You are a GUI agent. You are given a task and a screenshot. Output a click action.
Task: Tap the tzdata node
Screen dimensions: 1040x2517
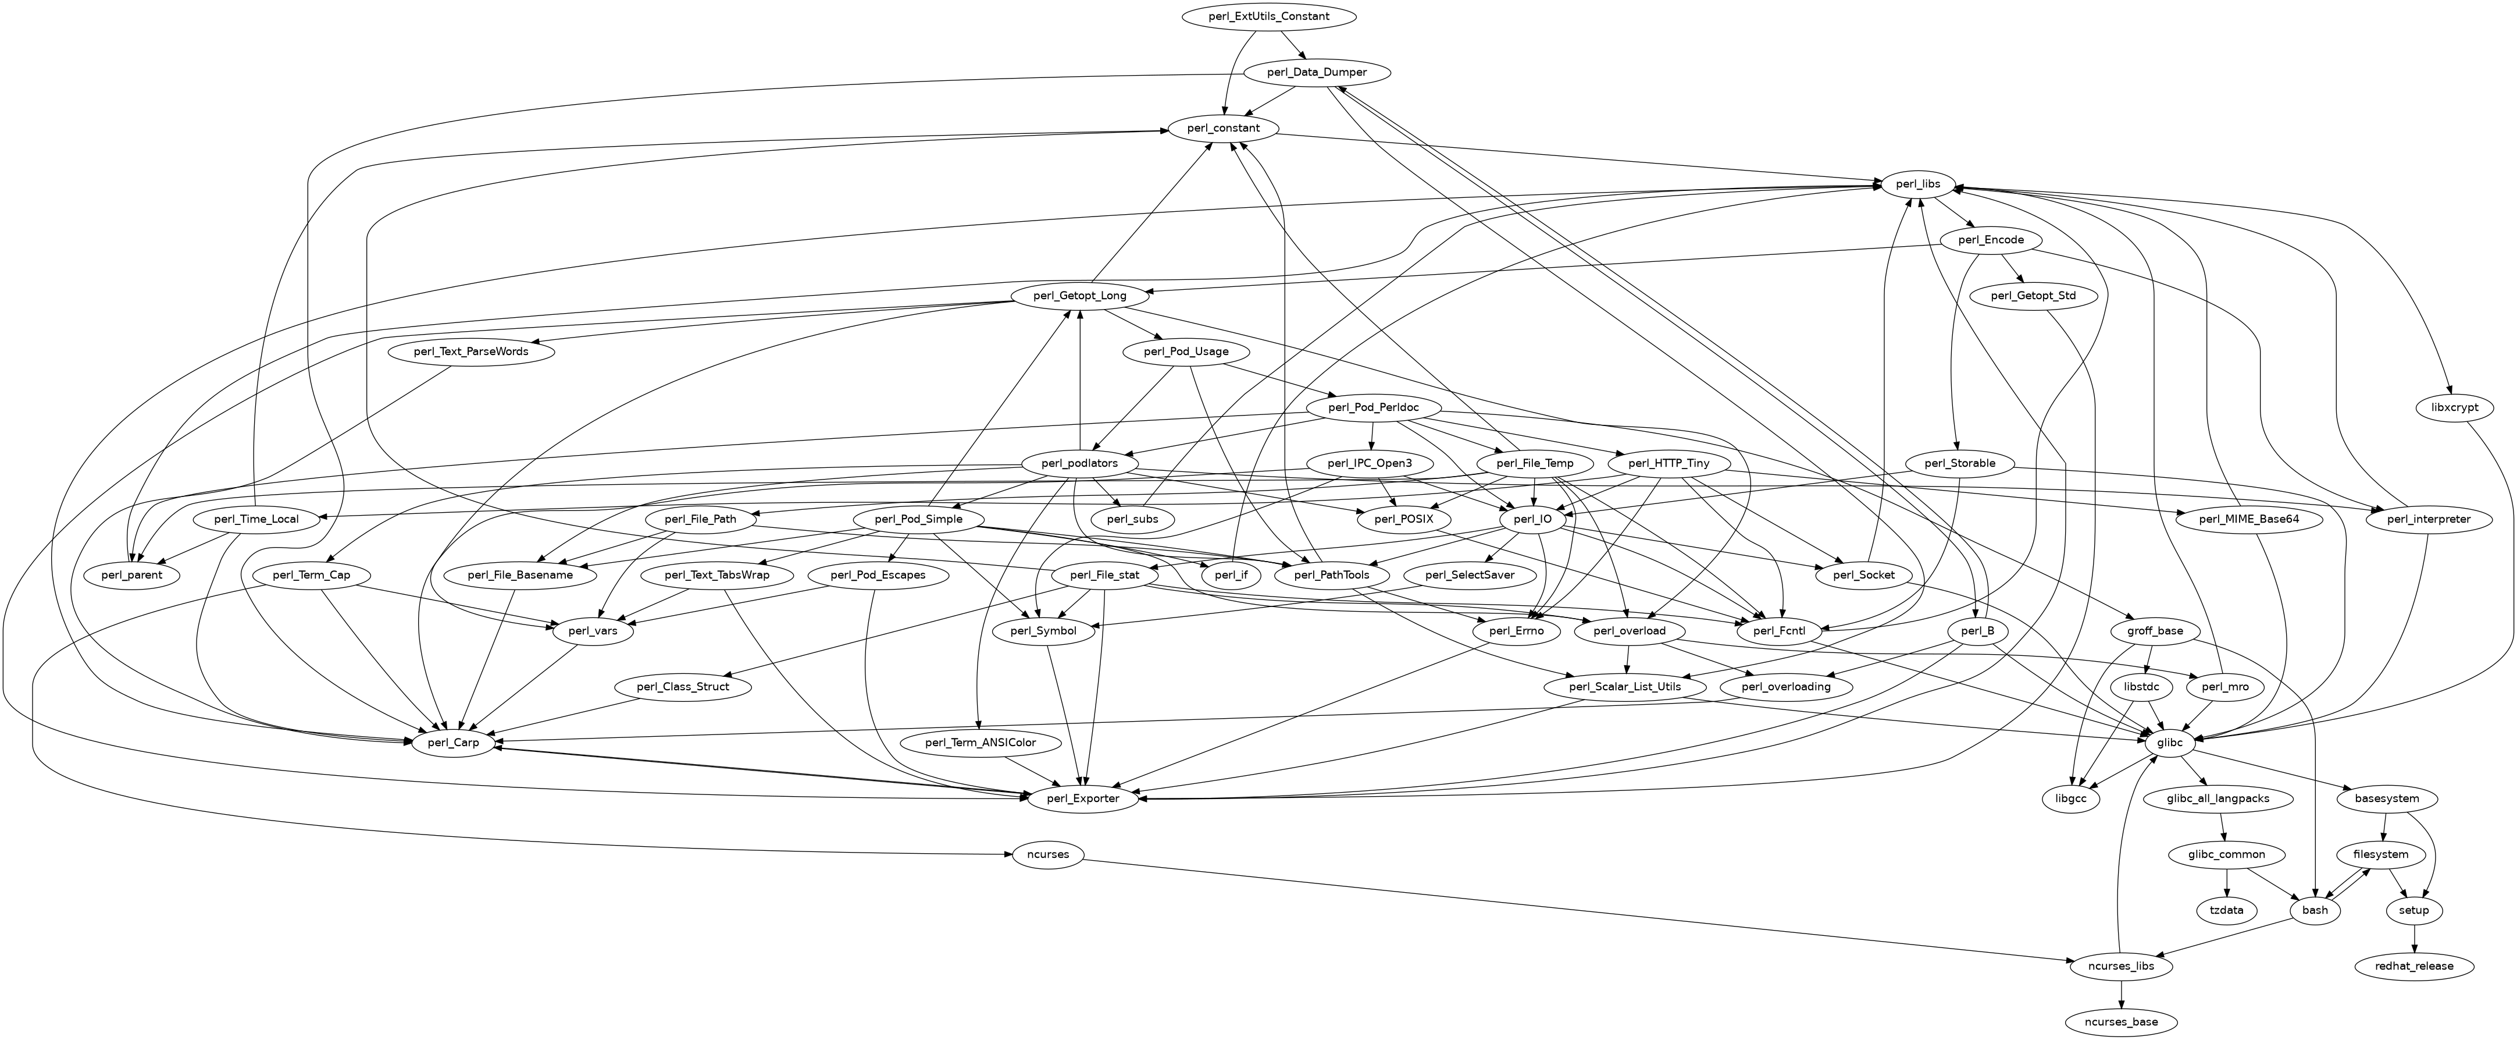[x=2227, y=910]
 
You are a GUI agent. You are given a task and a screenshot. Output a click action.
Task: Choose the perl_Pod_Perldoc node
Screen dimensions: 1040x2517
[x=1374, y=407]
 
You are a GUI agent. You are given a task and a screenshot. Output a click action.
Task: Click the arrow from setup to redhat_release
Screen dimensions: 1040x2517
[x=2415, y=938]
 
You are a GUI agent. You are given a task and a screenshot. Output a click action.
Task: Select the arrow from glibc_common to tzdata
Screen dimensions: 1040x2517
[x=2227, y=883]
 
